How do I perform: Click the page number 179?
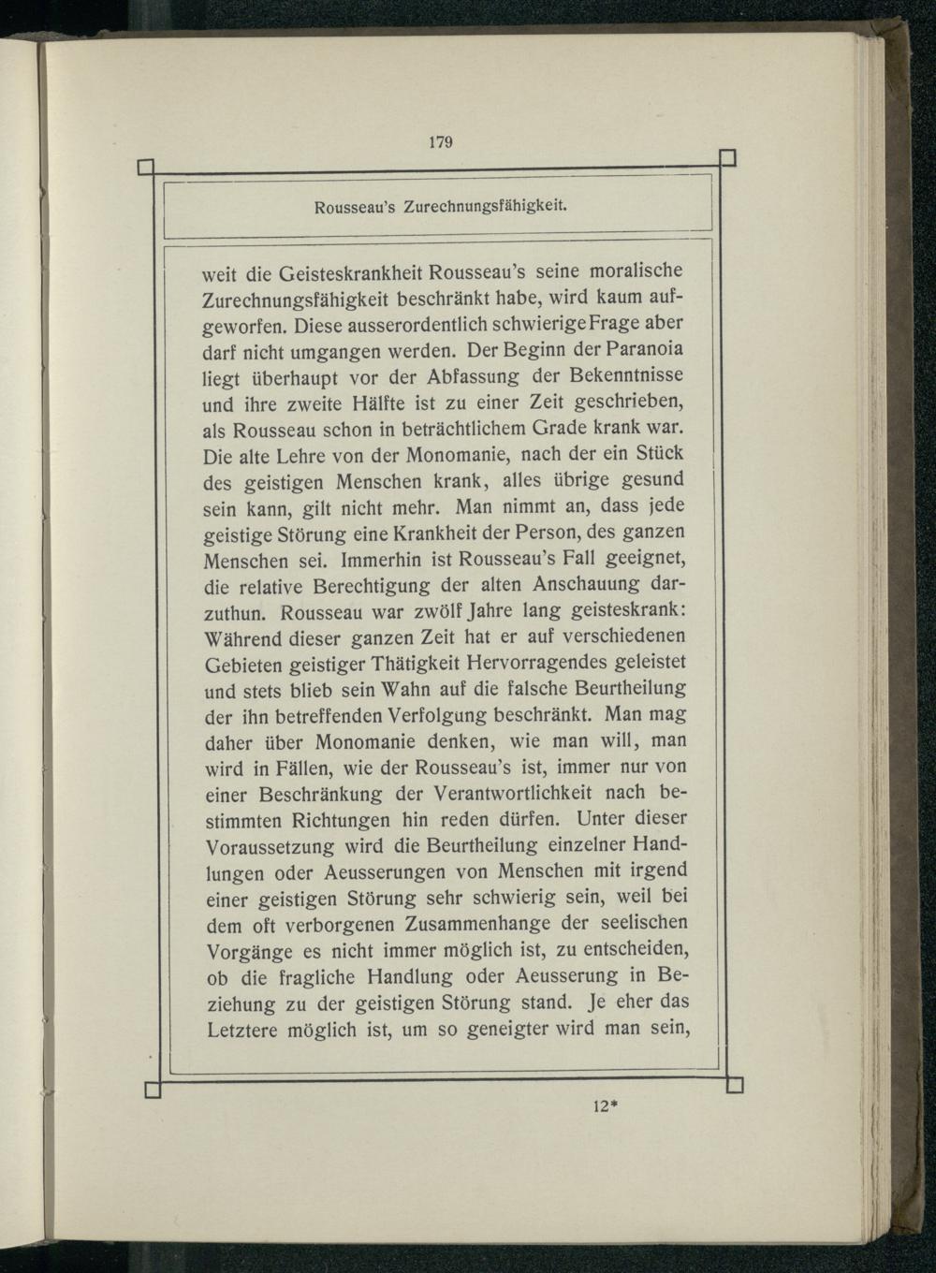tap(441, 142)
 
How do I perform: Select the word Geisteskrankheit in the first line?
tap(345, 274)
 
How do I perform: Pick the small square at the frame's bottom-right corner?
tap(735, 1085)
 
